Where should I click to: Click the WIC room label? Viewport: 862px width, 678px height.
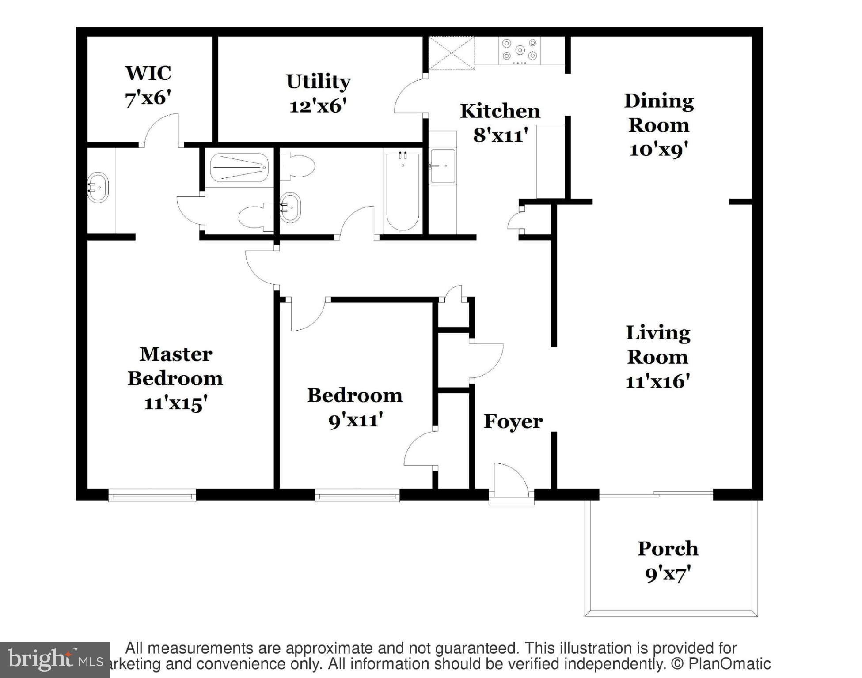[x=148, y=73]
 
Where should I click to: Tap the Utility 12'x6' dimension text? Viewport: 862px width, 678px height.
[x=318, y=106]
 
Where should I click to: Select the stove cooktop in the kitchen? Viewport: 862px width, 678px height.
[x=520, y=50]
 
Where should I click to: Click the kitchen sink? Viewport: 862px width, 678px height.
[x=442, y=166]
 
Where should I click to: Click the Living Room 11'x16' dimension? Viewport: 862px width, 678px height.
[x=657, y=381]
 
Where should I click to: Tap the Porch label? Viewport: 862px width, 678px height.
[x=668, y=549]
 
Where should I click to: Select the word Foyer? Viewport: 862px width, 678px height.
[x=513, y=422]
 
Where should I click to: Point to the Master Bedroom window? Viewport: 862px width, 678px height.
[x=152, y=496]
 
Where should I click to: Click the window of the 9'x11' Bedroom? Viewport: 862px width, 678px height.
[x=357, y=496]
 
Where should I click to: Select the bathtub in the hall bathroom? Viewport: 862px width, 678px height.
[x=402, y=191]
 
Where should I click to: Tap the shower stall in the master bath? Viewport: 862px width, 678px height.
[x=239, y=167]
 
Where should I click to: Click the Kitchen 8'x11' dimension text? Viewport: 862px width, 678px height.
[x=500, y=136]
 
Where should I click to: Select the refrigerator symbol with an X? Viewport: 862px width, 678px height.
[x=451, y=53]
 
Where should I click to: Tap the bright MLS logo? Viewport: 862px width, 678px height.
[x=55, y=660]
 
